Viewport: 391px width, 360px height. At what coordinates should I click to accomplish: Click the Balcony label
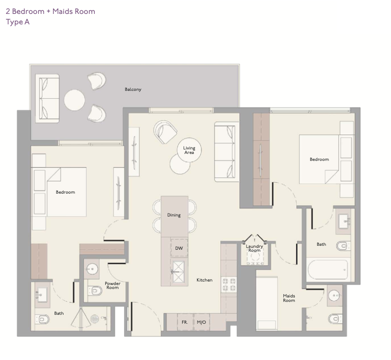click(x=133, y=89)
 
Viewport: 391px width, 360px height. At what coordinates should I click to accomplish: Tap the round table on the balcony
click(x=74, y=100)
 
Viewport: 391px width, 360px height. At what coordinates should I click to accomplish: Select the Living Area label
click(x=189, y=150)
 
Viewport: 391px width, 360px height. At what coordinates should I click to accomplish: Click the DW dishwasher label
click(x=179, y=248)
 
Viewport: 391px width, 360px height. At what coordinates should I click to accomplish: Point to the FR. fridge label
click(x=185, y=322)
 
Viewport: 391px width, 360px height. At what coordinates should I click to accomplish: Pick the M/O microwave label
click(x=201, y=322)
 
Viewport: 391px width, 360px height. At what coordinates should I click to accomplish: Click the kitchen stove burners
click(x=229, y=285)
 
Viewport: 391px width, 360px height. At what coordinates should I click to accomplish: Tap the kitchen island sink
click(x=178, y=272)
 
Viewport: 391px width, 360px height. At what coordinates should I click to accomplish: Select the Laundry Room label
click(x=255, y=248)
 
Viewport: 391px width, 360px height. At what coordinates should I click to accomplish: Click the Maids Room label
click(x=289, y=298)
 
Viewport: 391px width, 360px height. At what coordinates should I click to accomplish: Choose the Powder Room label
click(x=113, y=286)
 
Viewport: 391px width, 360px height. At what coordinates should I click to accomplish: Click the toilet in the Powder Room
click(x=95, y=290)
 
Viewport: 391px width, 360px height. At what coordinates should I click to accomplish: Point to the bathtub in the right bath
click(x=327, y=270)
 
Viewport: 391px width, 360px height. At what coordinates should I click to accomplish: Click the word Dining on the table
click(x=174, y=215)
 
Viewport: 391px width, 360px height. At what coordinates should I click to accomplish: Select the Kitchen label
click(x=204, y=280)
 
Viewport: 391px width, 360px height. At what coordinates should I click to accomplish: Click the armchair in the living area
click(x=165, y=132)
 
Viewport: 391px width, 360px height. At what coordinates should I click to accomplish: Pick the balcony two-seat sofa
click(x=47, y=98)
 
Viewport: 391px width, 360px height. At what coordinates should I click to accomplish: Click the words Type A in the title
click(x=18, y=22)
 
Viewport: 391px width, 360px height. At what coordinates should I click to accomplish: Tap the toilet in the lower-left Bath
click(x=42, y=319)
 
